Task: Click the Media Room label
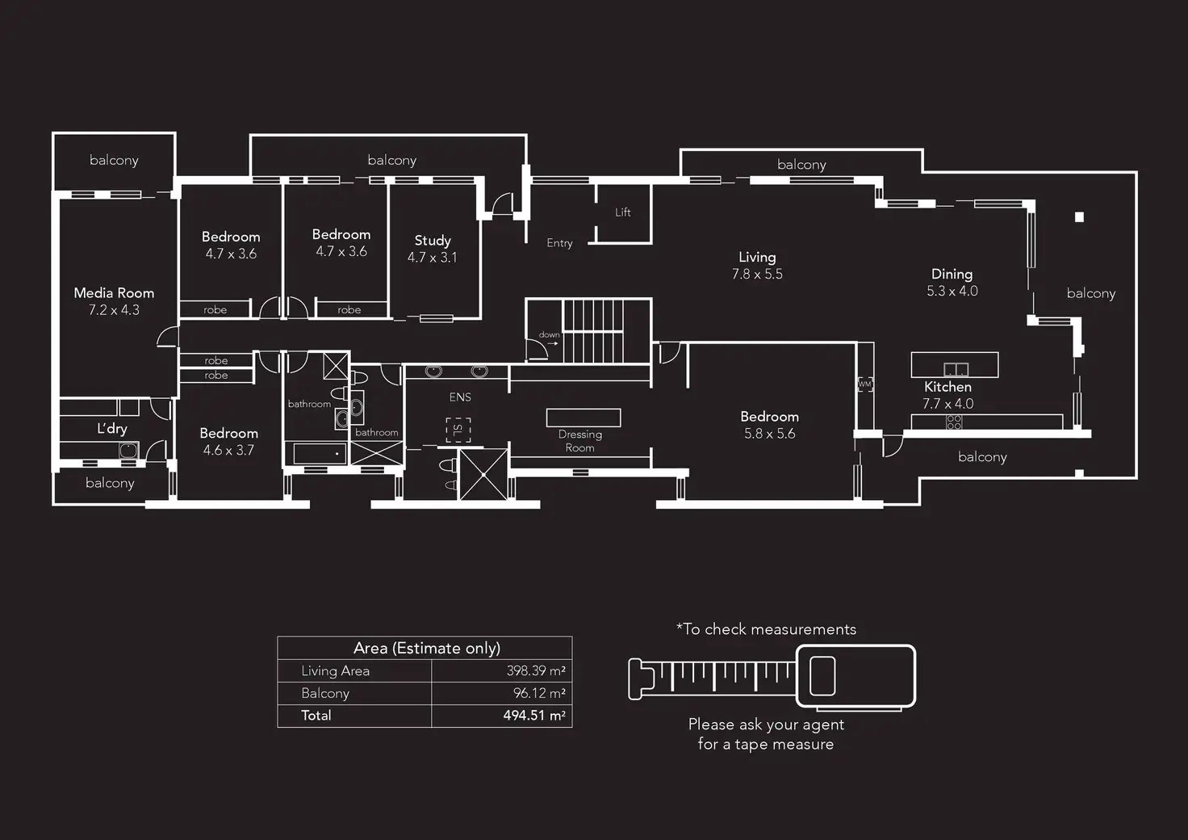click(114, 293)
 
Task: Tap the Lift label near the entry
click(623, 212)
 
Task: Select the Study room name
click(433, 241)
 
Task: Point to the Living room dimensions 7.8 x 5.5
click(757, 275)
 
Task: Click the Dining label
click(952, 275)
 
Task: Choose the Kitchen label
click(947, 387)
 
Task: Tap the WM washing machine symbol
click(865, 384)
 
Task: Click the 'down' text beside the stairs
click(549, 334)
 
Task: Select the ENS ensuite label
click(460, 397)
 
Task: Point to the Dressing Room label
click(579, 441)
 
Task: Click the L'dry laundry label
click(112, 429)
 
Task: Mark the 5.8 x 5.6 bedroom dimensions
click(769, 434)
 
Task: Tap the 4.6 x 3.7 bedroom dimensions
click(228, 451)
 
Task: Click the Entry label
click(559, 243)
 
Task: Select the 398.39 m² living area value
click(536, 671)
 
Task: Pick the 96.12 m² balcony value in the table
click(539, 693)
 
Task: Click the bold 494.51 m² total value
click(533, 716)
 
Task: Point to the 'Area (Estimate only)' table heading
click(426, 649)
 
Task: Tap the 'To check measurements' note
click(766, 629)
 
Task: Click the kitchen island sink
click(956, 370)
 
